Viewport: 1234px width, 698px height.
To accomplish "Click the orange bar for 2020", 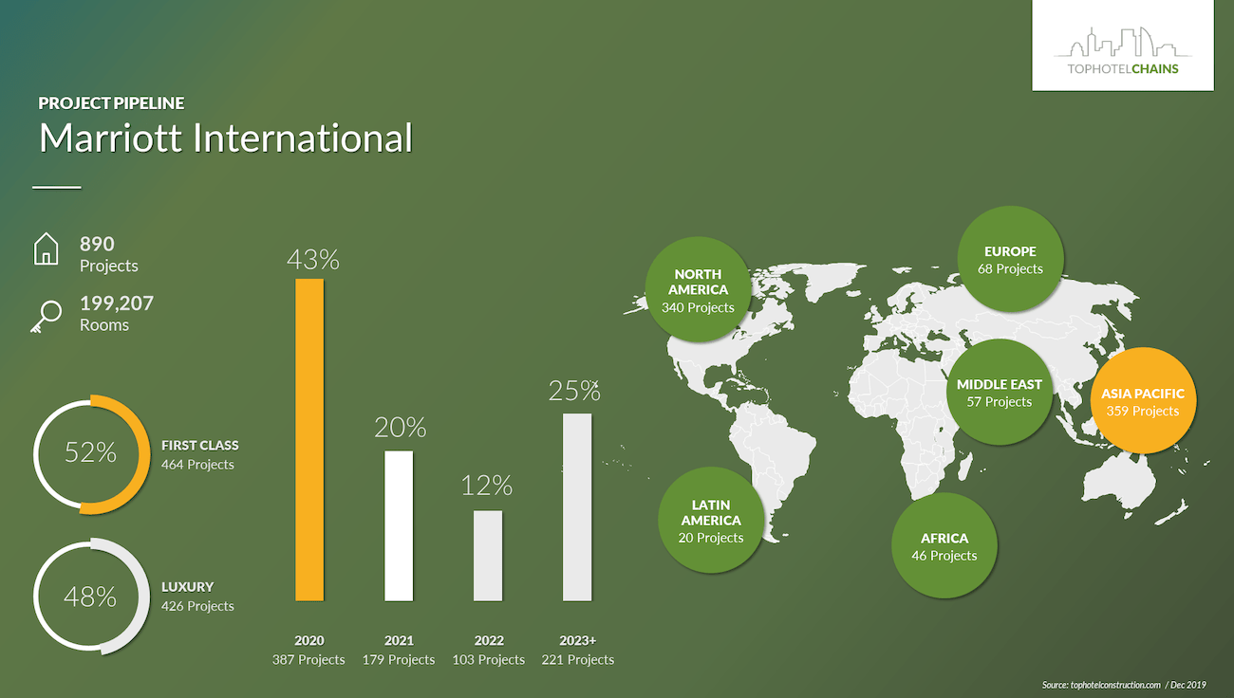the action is coord(309,440).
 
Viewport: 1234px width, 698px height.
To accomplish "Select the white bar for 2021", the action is coord(399,525).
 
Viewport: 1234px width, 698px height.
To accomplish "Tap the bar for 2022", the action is coord(488,556).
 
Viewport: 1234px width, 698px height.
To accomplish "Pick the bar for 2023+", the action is coord(577,507).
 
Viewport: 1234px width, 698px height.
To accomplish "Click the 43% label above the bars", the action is coord(313,260).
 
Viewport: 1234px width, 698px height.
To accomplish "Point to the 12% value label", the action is coord(486,486).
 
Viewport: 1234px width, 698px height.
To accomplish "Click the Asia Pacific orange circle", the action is coord(1143,400).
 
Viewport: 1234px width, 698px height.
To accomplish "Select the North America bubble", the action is coord(698,289).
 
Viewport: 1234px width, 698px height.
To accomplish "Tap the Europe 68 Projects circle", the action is coord(1010,259).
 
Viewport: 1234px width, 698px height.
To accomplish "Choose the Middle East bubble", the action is coord(1000,392).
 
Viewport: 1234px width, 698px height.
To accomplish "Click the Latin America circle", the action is coord(711,521).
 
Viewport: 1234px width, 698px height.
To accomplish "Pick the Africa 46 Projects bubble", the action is coord(944,545).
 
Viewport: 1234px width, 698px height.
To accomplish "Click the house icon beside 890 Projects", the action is coord(47,248).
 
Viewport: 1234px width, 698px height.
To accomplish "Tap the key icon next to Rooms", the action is coord(47,317).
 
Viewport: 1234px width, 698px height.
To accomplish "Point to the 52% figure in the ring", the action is coord(90,452).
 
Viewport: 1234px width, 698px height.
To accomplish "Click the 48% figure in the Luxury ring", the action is coord(90,597).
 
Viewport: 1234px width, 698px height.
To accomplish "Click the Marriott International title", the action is coord(226,138).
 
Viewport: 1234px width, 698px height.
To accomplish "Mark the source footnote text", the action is coord(1124,685).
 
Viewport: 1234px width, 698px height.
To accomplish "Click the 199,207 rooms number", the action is coord(117,303).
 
